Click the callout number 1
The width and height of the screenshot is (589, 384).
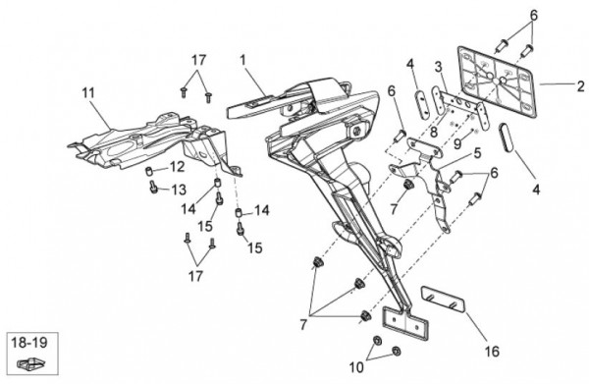(243, 60)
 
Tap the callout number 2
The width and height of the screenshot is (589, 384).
(581, 86)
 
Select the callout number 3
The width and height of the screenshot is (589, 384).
(439, 67)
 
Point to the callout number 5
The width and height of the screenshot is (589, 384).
(477, 153)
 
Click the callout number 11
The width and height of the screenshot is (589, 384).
(88, 92)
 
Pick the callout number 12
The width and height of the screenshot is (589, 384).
(177, 166)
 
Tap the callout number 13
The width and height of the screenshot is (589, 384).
(179, 190)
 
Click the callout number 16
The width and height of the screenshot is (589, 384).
(492, 352)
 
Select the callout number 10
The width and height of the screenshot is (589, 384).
(356, 367)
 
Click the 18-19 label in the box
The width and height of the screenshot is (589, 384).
(29, 343)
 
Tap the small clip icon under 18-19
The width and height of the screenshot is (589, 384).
(30, 363)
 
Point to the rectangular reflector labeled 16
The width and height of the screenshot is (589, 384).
(443, 300)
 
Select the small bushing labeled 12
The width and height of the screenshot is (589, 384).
(150, 172)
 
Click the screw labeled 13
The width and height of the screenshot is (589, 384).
(153, 188)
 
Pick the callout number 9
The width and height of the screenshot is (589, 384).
(457, 143)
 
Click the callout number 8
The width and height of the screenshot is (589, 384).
(434, 132)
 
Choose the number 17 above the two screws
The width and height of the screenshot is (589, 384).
(199, 60)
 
